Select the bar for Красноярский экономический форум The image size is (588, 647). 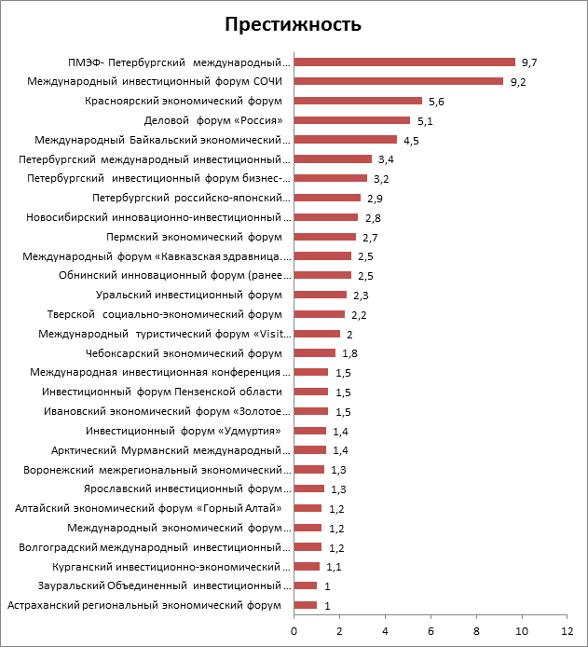(x=358, y=101)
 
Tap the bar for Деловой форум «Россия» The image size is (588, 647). (x=352, y=120)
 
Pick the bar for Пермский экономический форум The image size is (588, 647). (x=325, y=237)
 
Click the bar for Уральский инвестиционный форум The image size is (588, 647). (x=321, y=295)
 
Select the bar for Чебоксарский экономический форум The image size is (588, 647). (x=315, y=353)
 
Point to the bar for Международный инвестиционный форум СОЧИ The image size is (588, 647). (x=399, y=81)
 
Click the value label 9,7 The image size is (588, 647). (x=530, y=62)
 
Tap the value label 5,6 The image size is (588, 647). (x=436, y=102)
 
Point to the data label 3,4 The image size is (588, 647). (x=386, y=159)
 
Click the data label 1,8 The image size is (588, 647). (x=349, y=353)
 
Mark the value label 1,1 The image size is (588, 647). (x=334, y=567)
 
